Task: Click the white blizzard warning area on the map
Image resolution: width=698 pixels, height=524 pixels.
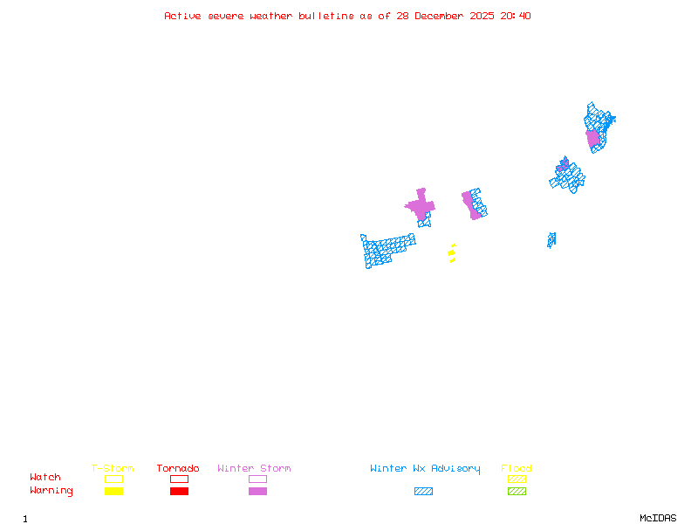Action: click(x=399, y=228)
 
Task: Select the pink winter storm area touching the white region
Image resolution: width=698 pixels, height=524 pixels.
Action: click(x=421, y=207)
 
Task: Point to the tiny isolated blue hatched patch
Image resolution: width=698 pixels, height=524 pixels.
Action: click(x=551, y=239)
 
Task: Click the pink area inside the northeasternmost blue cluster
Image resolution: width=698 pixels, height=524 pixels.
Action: click(x=593, y=138)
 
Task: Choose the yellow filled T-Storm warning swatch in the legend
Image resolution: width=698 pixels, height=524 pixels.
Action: click(x=113, y=492)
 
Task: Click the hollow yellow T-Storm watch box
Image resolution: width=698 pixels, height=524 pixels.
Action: click(x=113, y=479)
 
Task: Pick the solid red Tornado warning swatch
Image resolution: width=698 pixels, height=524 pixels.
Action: click(x=179, y=492)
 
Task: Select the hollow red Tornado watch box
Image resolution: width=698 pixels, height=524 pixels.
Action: click(x=179, y=479)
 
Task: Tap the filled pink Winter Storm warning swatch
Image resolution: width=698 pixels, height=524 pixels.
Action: click(x=257, y=492)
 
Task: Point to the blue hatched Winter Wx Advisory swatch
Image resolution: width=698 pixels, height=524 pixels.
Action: click(x=423, y=492)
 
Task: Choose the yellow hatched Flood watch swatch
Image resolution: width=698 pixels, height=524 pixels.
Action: click(x=517, y=479)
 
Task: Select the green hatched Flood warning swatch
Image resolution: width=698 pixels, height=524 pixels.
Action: click(x=517, y=492)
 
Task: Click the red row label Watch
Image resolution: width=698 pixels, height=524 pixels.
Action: click(x=45, y=478)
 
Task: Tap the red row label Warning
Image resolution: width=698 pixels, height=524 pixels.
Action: click(x=51, y=491)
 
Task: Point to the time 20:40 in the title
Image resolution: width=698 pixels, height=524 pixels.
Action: click(x=517, y=16)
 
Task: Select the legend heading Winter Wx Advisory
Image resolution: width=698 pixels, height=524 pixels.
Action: click(x=425, y=469)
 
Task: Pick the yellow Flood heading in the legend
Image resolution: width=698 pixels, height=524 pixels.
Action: click(x=517, y=469)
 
